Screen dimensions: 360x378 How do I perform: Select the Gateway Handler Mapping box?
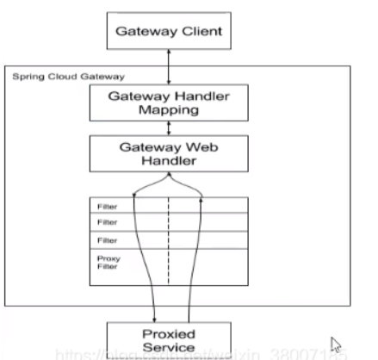(170, 103)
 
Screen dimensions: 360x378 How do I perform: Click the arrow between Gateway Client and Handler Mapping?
(170, 66)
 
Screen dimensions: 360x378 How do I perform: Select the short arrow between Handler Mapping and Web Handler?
(170, 129)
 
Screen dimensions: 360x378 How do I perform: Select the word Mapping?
(170, 111)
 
